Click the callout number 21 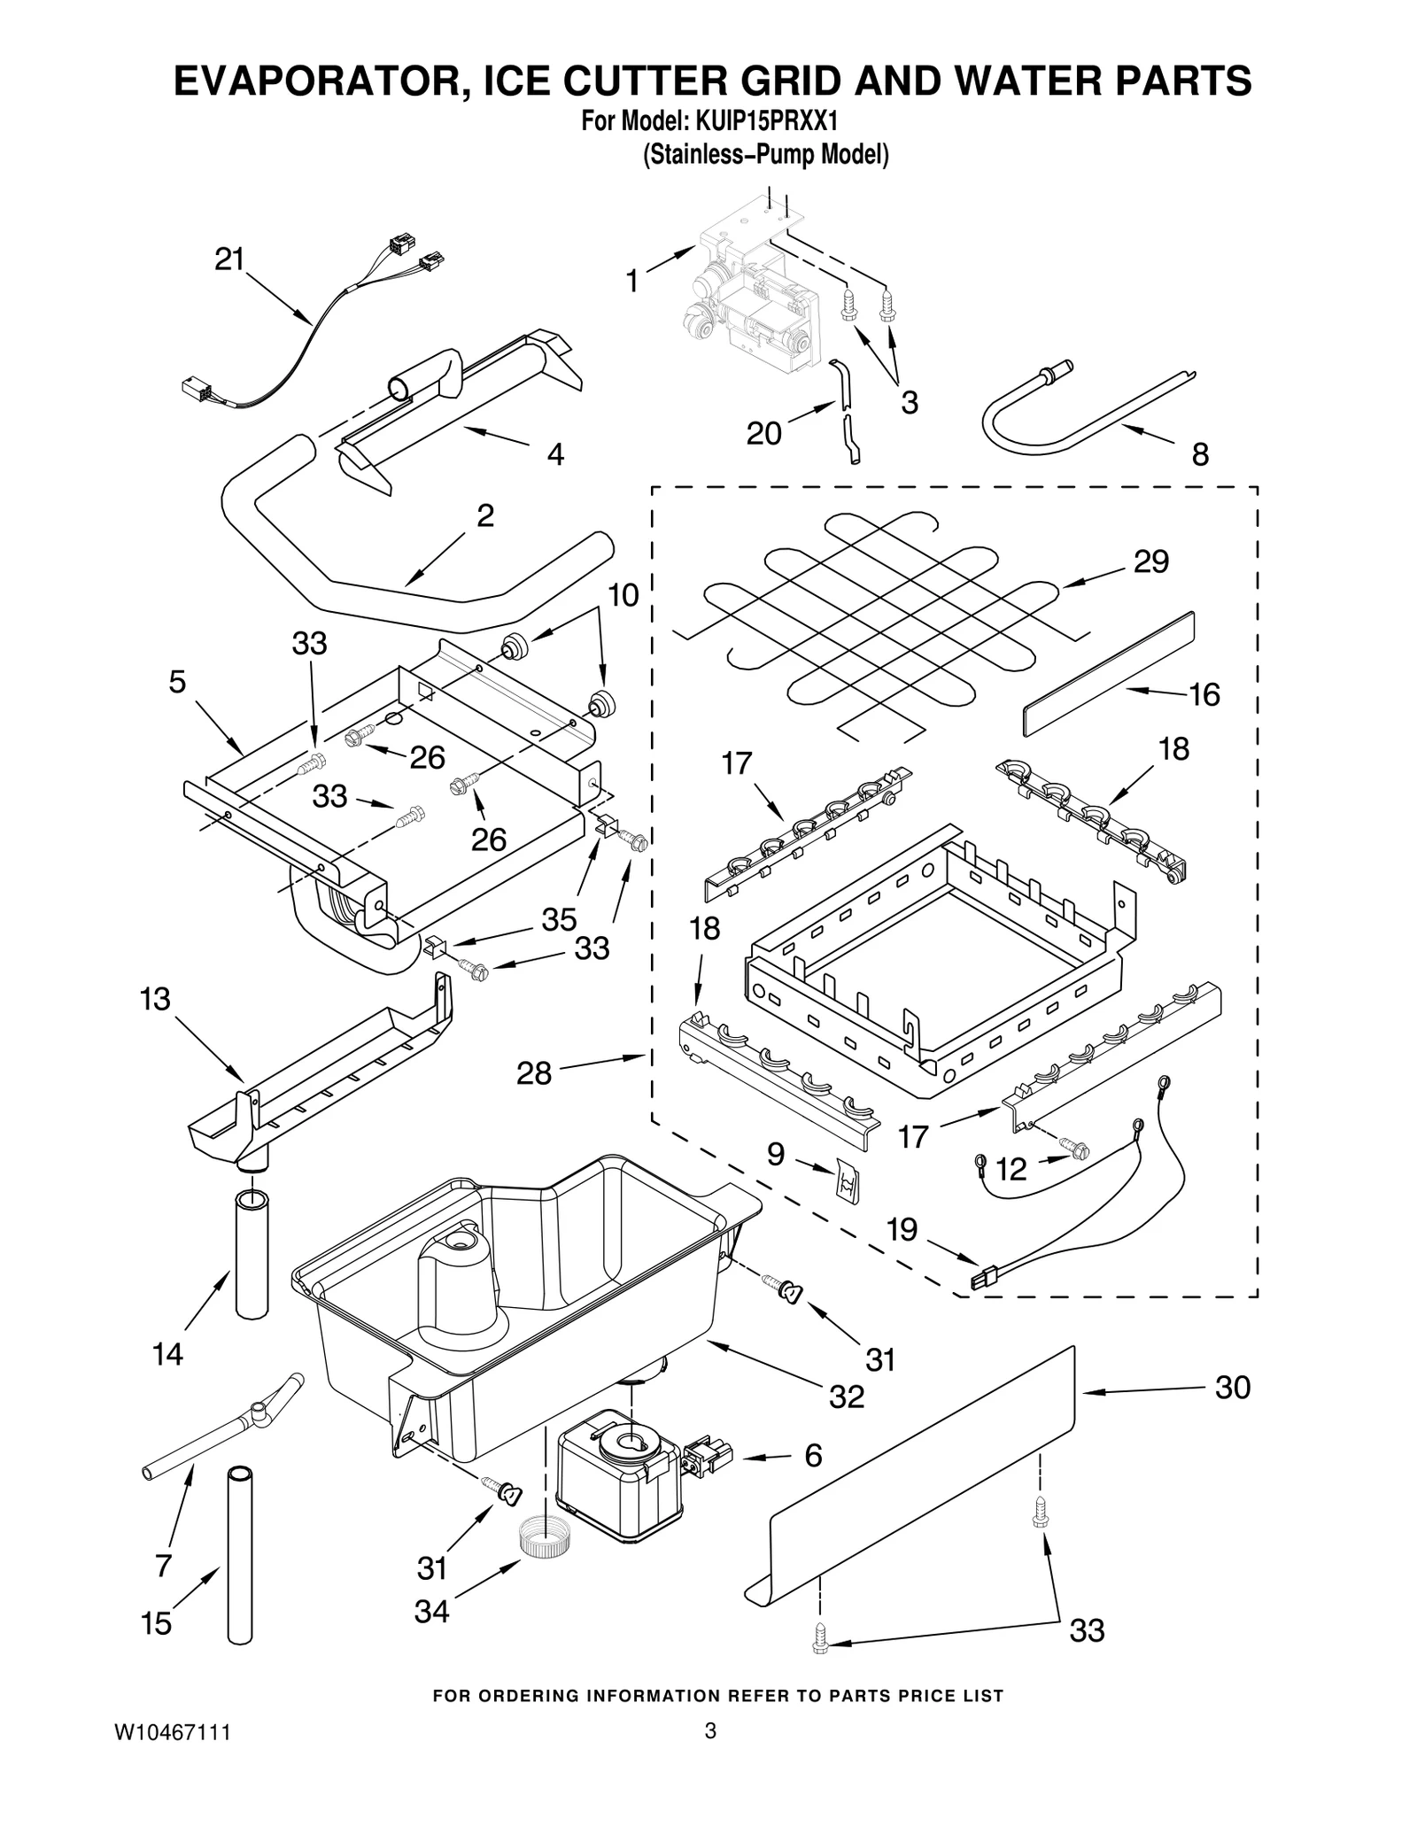(229, 259)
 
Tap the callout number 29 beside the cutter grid (1150, 561)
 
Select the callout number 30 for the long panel (1232, 1388)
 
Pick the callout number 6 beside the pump (813, 1456)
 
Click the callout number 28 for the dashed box (534, 1074)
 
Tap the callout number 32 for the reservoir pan (846, 1397)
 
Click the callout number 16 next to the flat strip (1204, 694)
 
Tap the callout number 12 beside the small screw (1010, 1170)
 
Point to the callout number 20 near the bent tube (763, 433)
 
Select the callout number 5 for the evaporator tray (177, 682)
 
